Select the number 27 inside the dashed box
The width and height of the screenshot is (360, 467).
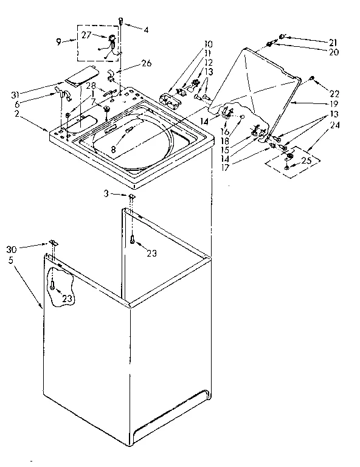(86, 35)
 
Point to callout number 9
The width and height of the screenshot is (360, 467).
(58, 41)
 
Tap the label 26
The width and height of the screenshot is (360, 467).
(146, 63)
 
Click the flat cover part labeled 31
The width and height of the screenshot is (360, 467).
(75, 77)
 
